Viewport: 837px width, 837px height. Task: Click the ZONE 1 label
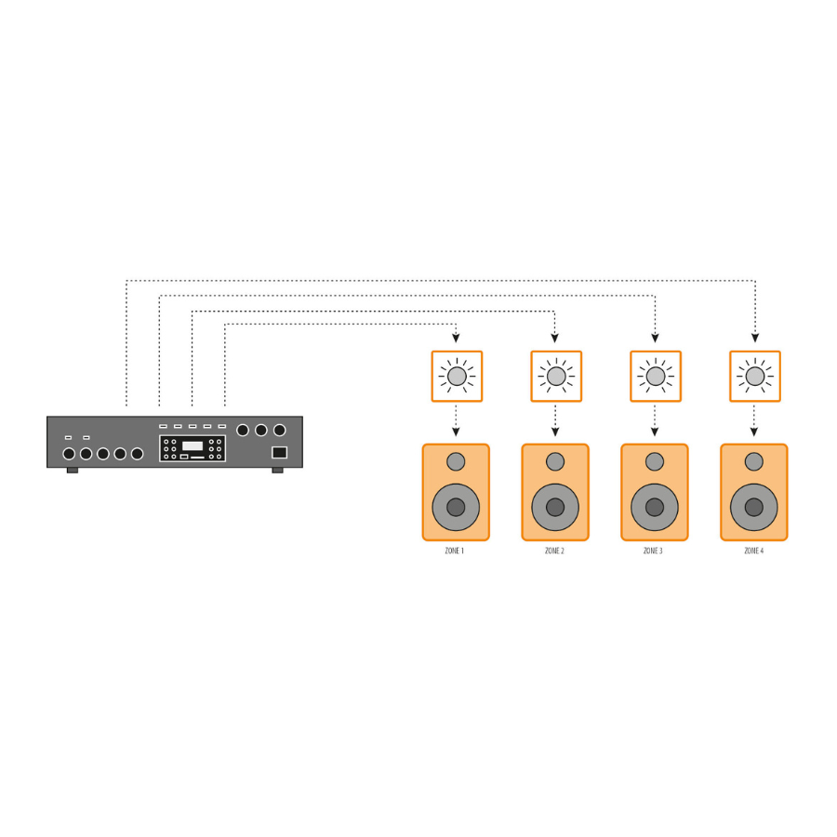[454, 551]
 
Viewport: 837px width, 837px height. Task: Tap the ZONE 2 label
[554, 551]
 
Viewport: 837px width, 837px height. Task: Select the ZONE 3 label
[653, 551]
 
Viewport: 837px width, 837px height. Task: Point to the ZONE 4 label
[753, 551]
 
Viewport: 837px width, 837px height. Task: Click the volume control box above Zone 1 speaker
[457, 377]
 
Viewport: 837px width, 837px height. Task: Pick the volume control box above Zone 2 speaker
[556, 377]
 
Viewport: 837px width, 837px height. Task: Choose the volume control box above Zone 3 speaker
[656, 377]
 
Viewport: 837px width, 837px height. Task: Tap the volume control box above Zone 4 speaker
[755, 377]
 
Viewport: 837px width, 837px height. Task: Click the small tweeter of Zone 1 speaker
[456, 461]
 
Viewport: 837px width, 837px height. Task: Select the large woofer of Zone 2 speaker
[555, 507]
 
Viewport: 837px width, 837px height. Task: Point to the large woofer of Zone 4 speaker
[753, 507]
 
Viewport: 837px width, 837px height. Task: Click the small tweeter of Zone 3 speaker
[655, 461]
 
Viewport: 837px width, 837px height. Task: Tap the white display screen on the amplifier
[193, 445]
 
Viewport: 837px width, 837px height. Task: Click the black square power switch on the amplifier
[280, 453]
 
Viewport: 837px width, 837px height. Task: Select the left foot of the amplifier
[73, 471]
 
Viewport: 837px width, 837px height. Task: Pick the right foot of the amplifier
[277, 471]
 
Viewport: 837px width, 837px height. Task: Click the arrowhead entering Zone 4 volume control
[755, 338]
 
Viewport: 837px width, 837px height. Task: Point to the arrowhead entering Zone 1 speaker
[456, 432]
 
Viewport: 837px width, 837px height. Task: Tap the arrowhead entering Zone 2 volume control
[554, 338]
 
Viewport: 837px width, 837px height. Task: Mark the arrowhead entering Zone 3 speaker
[655, 432]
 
